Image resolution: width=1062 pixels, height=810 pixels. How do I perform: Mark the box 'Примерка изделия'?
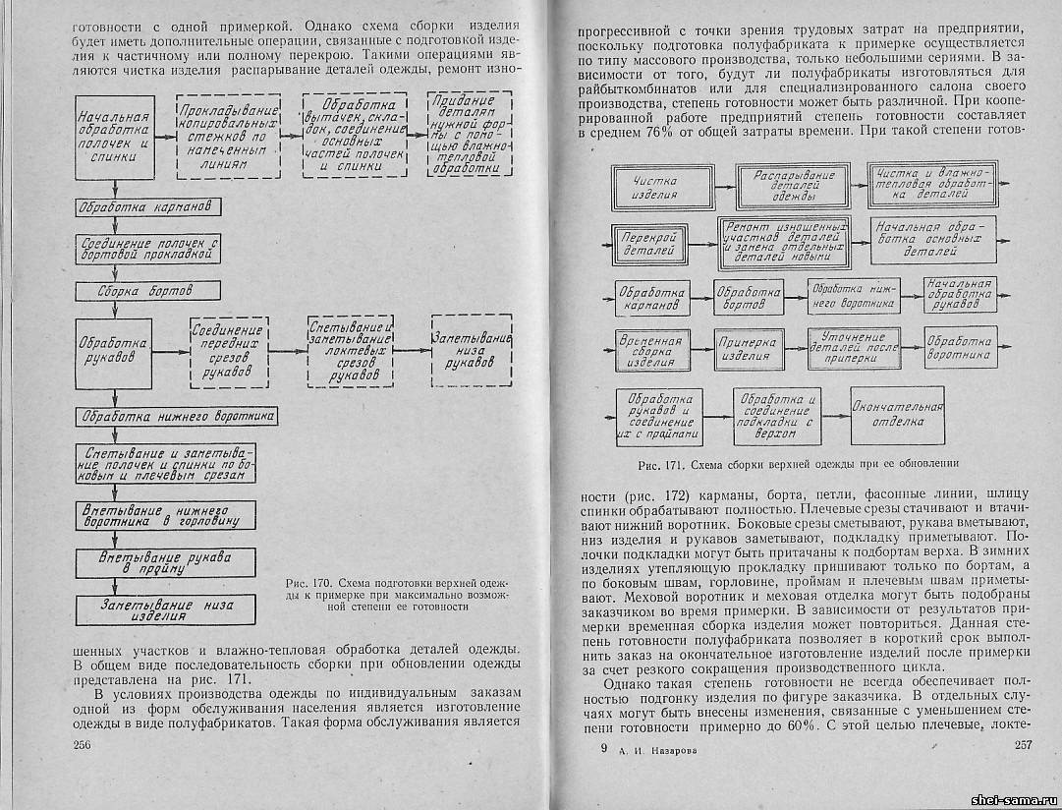(x=747, y=350)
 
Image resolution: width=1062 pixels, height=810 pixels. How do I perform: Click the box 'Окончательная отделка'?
(x=897, y=415)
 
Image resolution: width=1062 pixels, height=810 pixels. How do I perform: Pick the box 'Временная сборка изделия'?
(x=649, y=351)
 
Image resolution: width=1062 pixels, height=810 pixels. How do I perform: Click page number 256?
(x=83, y=745)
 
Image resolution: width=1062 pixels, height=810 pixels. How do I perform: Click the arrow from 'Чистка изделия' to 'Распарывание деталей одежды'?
(x=720, y=187)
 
